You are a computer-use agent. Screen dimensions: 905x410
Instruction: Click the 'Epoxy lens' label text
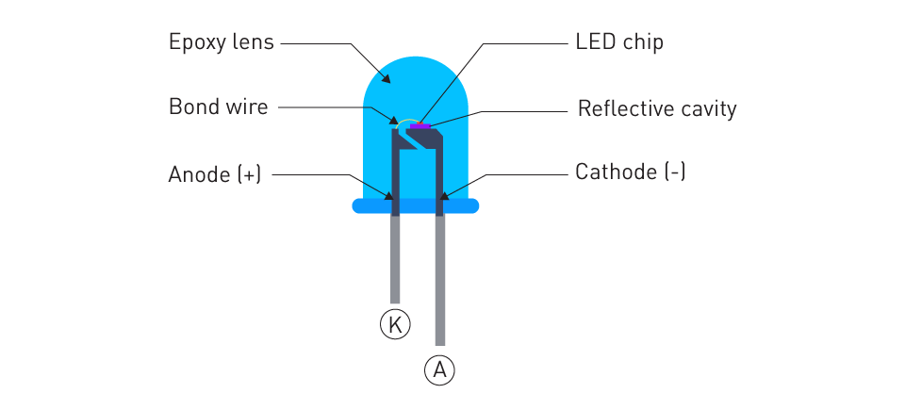(x=221, y=42)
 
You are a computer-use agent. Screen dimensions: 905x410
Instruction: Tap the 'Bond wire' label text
(x=218, y=107)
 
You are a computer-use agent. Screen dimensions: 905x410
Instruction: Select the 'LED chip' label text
(x=619, y=42)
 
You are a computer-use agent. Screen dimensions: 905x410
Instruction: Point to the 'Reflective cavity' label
(x=657, y=108)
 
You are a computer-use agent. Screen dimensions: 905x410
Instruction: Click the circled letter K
(x=395, y=324)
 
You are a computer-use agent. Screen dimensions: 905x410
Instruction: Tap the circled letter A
(x=440, y=369)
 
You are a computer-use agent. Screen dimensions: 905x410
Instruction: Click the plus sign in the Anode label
(x=249, y=174)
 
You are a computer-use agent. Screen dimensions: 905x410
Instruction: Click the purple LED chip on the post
(x=420, y=125)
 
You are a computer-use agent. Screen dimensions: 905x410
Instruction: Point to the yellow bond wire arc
(x=405, y=121)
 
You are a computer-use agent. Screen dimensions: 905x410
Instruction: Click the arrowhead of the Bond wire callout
(x=394, y=121)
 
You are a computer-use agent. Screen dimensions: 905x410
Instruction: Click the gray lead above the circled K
(x=395, y=259)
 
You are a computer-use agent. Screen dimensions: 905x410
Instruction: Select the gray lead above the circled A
(x=440, y=280)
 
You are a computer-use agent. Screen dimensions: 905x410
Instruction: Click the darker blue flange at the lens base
(x=416, y=205)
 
